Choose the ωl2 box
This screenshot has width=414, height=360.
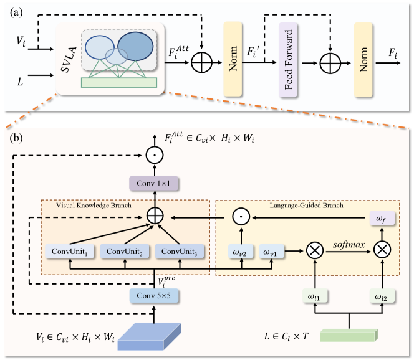coord(382,298)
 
